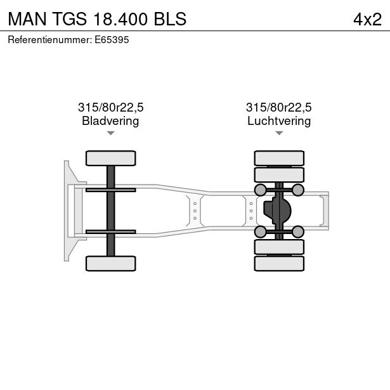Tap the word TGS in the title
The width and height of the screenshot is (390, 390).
point(69,19)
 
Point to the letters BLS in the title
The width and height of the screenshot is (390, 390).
point(169,19)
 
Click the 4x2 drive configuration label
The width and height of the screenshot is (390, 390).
point(367,19)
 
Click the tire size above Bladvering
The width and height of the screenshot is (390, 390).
point(110,108)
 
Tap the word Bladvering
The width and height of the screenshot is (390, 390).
point(110,121)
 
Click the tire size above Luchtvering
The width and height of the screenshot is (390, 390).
point(279,108)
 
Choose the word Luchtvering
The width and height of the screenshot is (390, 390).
point(279,121)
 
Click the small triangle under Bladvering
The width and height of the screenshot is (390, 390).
point(110,133)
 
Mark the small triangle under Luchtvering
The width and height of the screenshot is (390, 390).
point(279,133)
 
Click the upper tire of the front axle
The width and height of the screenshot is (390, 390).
point(110,158)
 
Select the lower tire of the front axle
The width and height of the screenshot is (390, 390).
point(110,263)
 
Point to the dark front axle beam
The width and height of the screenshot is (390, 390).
point(110,211)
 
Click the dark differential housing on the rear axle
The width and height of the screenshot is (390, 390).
point(280,209)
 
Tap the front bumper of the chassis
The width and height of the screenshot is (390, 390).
point(67,211)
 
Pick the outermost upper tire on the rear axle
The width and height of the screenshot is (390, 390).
point(279,158)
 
